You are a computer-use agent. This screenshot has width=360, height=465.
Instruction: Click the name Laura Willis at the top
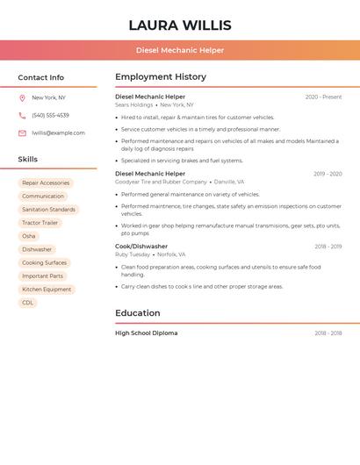pos(180,25)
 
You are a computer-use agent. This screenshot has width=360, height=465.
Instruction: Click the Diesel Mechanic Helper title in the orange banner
pos(180,51)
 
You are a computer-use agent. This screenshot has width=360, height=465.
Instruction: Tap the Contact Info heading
pos(41,77)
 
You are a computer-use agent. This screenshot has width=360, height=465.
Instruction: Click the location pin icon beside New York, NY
pos(22,98)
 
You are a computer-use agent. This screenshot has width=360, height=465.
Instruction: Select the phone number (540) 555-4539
pos(50,115)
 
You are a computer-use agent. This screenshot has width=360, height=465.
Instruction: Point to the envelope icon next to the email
pos(22,133)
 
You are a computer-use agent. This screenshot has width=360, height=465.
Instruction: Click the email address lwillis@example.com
pos(59,133)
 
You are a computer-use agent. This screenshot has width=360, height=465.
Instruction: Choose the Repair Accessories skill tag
pos(46,183)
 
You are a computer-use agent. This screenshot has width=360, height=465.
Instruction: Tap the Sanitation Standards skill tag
pos(48,210)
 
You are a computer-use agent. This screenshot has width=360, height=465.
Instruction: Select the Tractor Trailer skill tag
pos(40,223)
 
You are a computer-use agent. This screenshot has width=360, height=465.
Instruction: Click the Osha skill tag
pos(29,236)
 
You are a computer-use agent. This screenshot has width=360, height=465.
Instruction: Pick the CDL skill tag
pos(28,303)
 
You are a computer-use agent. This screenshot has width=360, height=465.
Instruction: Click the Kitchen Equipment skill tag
pos(47,290)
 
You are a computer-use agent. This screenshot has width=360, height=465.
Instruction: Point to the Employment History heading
pos(161,77)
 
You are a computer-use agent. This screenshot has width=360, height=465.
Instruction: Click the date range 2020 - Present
pos(323,97)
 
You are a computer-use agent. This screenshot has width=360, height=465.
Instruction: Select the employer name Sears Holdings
pos(134,105)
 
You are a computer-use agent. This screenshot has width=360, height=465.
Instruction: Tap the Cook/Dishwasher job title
pos(141,247)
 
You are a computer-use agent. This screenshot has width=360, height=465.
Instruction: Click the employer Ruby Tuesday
pos(133,254)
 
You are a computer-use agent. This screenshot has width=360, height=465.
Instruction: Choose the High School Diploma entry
pos(146,333)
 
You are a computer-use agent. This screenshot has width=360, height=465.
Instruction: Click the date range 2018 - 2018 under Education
pos(328,333)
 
